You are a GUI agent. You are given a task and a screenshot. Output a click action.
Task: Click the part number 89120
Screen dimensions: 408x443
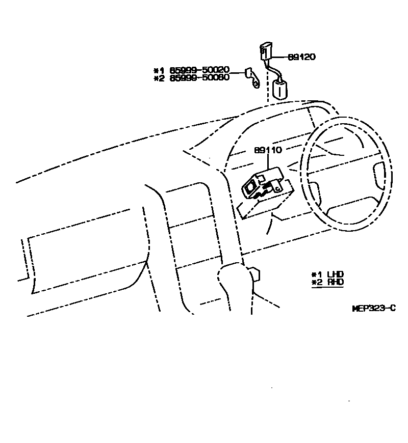[x=301, y=57]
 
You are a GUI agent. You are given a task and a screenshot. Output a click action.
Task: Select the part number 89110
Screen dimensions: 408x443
[x=268, y=151]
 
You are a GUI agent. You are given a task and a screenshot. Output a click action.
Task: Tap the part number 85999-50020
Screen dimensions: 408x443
[x=196, y=70]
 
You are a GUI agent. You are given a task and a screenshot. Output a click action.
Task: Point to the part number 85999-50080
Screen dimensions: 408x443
[x=196, y=78]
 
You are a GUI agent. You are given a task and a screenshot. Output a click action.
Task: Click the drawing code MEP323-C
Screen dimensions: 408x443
[x=374, y=308]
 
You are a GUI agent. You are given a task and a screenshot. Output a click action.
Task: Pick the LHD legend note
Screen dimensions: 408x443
[x=335, y=274]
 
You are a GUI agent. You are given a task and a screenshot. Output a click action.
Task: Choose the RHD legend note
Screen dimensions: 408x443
[x=335, y=282]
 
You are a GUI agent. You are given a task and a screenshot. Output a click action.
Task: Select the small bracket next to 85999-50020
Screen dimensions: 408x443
[x=251, y=76]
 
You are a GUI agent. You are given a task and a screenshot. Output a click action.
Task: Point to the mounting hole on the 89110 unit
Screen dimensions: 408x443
[x=277, y=188]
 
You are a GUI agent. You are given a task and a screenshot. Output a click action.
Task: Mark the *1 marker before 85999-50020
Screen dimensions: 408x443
[x=158, y=70]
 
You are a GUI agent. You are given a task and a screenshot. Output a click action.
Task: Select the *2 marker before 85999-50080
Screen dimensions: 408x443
[x=158, y=78]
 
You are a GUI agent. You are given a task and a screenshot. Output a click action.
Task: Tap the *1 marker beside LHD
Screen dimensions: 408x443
[x=316, y=274]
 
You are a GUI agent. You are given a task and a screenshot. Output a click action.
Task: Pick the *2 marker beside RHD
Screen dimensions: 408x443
[x=316, y=282]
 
